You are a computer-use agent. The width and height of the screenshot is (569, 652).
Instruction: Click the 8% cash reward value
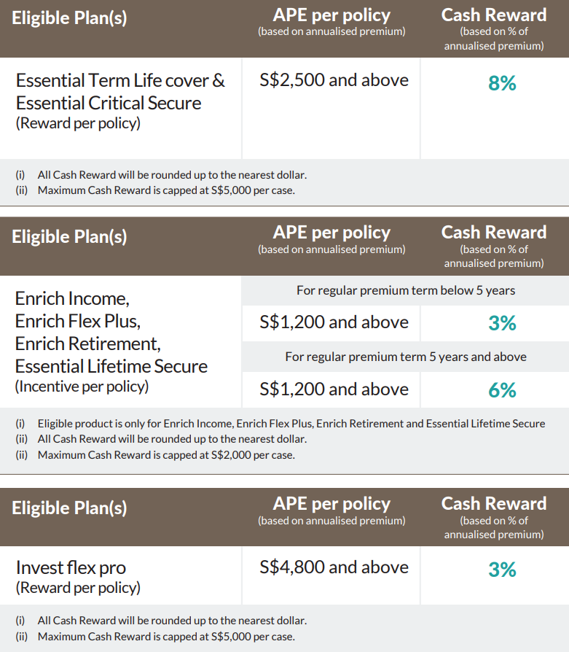pyautogui.click(x=502, y=84)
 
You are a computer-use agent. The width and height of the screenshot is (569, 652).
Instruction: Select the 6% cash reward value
pyautogui.click(x=502, y=391)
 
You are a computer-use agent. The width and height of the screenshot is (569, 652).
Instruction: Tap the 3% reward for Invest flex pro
pyautogui.click(x=502, y=569)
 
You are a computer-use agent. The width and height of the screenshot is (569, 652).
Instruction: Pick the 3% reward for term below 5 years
pyautogui.click(x=502, y=323)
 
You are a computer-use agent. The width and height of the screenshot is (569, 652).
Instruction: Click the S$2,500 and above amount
pyautogui.click(x=334, y=80)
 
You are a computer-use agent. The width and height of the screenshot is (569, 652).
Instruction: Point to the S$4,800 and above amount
pyautogui.click(x=334, y=567)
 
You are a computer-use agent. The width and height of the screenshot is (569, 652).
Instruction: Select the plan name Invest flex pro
pyautogui.click(x=71, y=567)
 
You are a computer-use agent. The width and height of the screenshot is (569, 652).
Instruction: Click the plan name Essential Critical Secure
pyautogui.click(x=109, y=103)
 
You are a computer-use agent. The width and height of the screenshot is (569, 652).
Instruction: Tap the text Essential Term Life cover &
pyautogui.click(x=120, y=80)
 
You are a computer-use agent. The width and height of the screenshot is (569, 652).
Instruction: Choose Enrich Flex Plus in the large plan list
pyautogui.click(x=77, y=321)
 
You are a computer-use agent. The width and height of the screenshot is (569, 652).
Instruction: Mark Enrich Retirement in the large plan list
pyautogui.click(x=87, y=344)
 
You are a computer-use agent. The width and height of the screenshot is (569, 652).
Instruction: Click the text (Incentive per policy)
pyautogui.click(x=82, y=387)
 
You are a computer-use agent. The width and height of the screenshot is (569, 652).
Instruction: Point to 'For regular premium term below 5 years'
pyautogui.click(x=405, y=290)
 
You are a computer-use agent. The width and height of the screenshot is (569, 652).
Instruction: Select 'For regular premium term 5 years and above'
pyautogui.click(x=405, y=357)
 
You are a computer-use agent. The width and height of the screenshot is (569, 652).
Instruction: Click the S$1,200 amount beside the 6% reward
pyautogui.click(x=334, y=389)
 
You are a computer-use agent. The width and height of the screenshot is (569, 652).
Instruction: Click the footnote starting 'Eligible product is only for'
pyautogui.click(x=291, y=424)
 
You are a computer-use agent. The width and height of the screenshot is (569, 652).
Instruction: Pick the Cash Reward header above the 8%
pyautogui.click(x=493, y=15)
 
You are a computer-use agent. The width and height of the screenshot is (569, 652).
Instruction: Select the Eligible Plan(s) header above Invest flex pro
pyautogui.click(x=69, y=508)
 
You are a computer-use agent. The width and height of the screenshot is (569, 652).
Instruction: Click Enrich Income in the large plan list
pyautogui.click(x=72, y=298)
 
